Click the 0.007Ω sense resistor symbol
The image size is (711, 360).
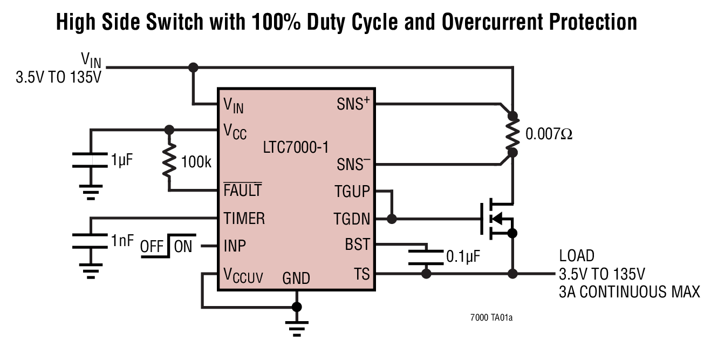[512, 134]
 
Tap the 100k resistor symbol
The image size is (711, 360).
[169, 160]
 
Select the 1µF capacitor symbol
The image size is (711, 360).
[90, 161]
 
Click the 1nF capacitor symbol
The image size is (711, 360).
[90, 241]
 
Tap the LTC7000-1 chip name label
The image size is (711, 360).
[296, 146]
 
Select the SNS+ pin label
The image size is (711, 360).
[352, 104]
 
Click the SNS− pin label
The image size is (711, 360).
[352, 164]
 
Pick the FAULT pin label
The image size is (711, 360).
[243, 191]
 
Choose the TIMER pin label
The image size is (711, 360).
[244, 219]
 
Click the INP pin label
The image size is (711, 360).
[235, 246]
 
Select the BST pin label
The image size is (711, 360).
[358, 245]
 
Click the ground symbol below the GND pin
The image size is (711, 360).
[296, 327]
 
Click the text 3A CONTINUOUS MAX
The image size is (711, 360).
[629, 292]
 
